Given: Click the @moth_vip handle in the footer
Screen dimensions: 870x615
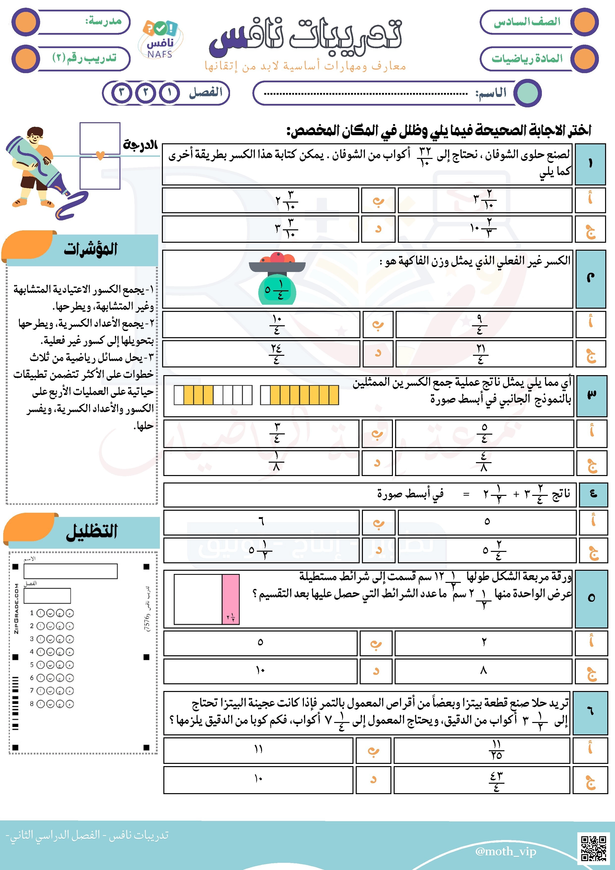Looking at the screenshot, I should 505,851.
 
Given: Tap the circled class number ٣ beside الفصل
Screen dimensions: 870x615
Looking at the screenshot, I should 122,92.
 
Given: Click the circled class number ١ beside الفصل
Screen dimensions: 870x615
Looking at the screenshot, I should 169,92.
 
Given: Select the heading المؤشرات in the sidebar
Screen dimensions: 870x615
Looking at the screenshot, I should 91,249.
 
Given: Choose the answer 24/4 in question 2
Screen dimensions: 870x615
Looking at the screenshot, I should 276,354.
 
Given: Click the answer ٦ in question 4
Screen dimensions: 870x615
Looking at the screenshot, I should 261,522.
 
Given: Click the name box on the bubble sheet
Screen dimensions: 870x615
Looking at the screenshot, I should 70,571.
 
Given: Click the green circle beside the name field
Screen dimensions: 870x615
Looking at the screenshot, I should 528,92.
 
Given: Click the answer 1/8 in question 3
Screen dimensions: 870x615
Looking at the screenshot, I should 276,462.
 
